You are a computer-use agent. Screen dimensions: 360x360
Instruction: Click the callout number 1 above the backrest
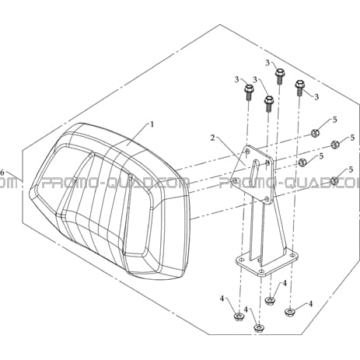click(152, 124)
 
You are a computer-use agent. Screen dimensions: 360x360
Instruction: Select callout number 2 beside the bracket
click(212, 138)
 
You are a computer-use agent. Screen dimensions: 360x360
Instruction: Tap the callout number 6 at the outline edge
click(2, 172)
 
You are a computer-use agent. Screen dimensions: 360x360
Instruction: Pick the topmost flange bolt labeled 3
click(279, 75)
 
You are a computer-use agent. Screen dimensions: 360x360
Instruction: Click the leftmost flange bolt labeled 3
click(248, 93)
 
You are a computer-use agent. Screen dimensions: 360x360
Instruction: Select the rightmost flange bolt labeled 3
click(299, 87)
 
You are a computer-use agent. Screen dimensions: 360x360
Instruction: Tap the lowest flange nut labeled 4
click(258, 328)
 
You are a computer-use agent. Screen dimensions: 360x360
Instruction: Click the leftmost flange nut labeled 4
click(238, 316)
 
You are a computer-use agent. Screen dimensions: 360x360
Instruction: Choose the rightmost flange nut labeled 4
click(289, 313)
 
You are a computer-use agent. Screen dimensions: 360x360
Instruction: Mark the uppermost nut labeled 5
click(315, 133)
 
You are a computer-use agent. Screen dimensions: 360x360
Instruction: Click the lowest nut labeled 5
click(335, 180)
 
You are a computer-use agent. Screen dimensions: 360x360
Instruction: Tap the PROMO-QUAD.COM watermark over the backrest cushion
click(116, 183)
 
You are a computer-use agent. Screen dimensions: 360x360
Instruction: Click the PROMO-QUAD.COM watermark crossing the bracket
click(289, 183)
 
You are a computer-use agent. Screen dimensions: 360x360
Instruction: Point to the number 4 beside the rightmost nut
click(310, 303)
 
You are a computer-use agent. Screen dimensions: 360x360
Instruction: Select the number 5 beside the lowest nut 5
click(351, 170)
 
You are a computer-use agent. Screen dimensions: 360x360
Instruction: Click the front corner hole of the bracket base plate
click(262, 271)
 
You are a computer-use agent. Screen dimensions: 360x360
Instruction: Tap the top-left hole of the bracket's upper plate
click(247, 151)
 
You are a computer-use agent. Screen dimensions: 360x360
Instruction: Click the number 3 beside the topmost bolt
click(267, 63)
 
